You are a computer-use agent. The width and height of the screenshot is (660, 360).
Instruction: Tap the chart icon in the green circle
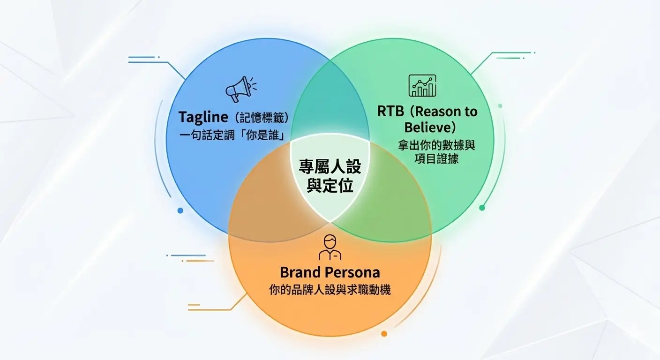tap(422, 85)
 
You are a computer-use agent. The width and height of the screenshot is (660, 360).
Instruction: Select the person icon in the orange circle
tap(330, 247)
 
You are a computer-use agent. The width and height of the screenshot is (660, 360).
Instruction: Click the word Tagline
tap(203, 117)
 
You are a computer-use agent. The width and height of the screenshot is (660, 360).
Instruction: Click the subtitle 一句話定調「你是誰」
tap(232, 135)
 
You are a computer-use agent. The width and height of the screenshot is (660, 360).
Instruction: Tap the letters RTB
tap(390, 112)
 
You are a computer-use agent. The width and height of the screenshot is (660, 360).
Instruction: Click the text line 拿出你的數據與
tap(436, 145)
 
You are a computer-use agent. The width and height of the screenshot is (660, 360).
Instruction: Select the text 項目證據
tap(436, 159)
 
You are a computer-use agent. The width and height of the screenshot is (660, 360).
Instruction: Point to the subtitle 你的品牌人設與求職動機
tap(330, 290)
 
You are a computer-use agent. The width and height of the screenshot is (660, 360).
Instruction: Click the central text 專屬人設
tap(330, 166)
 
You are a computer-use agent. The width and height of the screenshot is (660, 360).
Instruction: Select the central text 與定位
tap(330, 186)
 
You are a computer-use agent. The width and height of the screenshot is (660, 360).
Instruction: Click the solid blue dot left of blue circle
tap(180, 210)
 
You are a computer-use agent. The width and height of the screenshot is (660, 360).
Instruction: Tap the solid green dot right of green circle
tap(482, 208)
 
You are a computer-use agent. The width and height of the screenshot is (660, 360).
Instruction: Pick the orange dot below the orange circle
tap(384, 334)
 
